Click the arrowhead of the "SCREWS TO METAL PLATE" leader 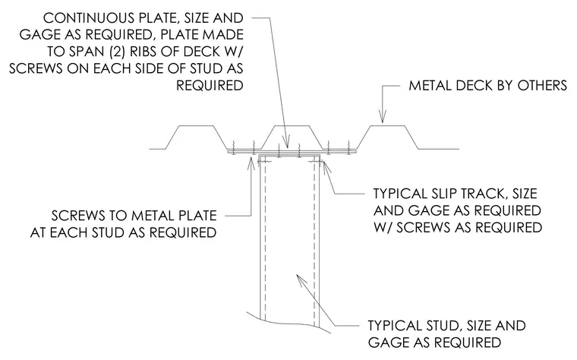pos(251,163)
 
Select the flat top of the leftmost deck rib pos(196,126)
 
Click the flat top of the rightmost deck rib pos(387,126)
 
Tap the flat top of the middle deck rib pos(292,126)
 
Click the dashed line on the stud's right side pos(314,243)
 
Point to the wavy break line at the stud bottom pos(288,323)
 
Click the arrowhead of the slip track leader pos(326,166)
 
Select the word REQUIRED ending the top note pos(210,85)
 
